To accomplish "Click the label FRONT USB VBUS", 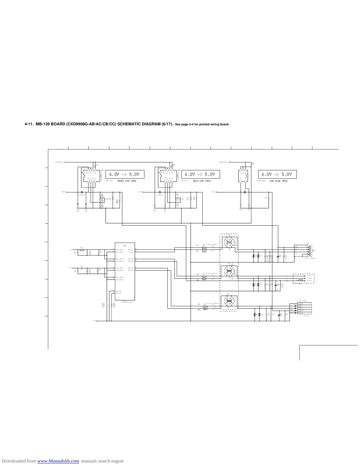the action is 127,181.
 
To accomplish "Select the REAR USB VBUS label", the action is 202,181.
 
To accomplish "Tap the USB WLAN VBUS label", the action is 278,181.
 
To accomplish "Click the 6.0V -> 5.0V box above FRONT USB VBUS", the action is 125,174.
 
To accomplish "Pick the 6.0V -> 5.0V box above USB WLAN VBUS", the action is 277,174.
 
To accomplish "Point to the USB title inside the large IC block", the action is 125,245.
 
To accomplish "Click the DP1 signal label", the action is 199,304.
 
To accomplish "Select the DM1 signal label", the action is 199,310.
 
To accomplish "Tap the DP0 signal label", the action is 198,274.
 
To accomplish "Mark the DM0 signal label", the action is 198,280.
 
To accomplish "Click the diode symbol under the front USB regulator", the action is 82,192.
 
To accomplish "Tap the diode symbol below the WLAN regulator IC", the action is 245,192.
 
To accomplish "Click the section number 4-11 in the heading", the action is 29,124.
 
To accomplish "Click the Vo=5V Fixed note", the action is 261,181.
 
